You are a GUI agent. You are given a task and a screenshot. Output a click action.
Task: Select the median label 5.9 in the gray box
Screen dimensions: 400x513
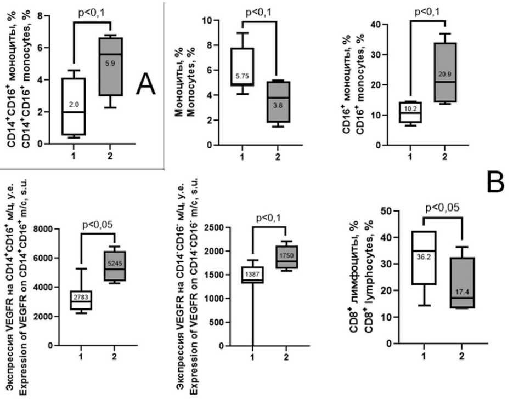point(111,63)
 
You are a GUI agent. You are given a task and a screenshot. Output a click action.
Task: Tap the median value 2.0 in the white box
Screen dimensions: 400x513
point(74,104)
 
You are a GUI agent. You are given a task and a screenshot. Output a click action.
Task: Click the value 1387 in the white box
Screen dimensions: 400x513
point(252,273)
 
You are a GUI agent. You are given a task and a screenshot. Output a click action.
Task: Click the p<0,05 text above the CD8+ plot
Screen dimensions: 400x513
point(442,208)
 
